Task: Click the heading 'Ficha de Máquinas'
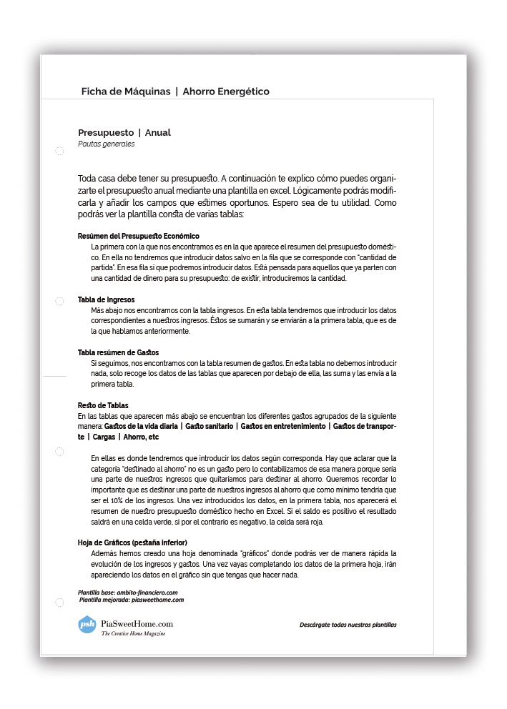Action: pyautogui.click(x=126, y=91)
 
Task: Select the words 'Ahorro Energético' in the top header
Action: pyautogui.click(x=226, y=91)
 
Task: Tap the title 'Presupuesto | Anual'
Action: pyautogui.click(x=124, y=132)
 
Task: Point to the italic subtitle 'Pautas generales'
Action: pyautogui.click(x=107, y=144)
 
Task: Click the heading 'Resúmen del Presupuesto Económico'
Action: pyautogui.click(x=138, y=236)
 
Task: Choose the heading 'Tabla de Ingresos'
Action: pyautogui.click(x=106, y=299)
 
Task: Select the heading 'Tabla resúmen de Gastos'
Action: pyautogui.click(x=118, y=352)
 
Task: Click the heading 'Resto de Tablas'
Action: pyautogui.click(x=103, y=405)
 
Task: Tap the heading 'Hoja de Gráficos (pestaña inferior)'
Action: pyautogui.click(x=132, y=542)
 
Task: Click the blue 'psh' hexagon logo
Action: pyautogui.click(x=87, y=624)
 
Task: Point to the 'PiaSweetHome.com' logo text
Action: pyautogui.click(x=137, y=623)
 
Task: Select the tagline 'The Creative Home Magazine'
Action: pyautogui.click(x=133, y=634)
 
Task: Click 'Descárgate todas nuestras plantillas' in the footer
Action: pyautogui.click(x=348, y=625)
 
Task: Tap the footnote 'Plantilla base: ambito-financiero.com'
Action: pyautogui.click(x=127, y=593)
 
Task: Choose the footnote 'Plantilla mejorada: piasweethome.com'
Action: pyautogui.click(x=131, y=600)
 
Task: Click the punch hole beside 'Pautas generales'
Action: pyautogui.click(x=59, y=152)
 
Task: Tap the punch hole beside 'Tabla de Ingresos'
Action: pyautogui.click(x=59, y=302)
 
